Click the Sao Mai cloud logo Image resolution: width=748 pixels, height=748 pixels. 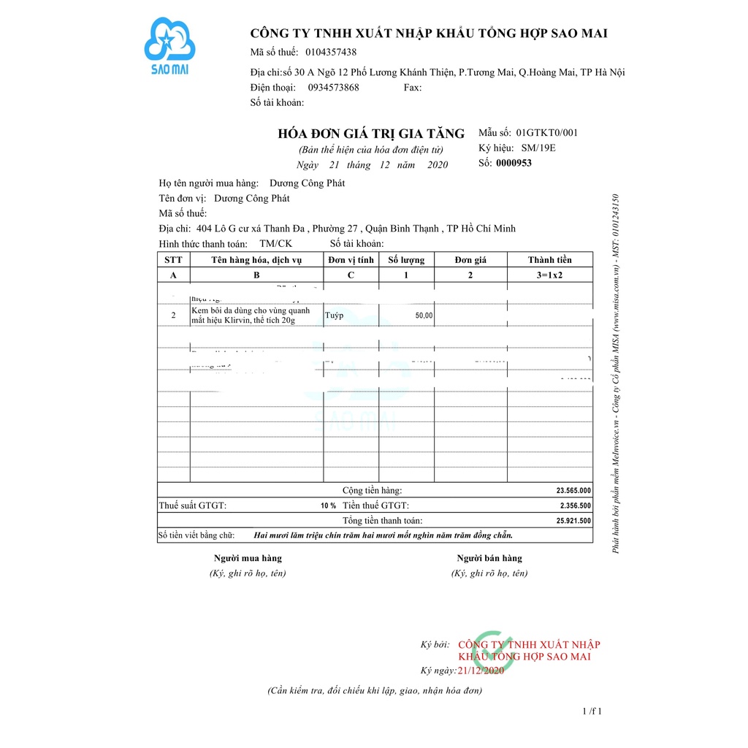pyautogui.click(x=169, y=44)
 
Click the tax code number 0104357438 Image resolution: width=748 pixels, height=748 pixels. pyautogui.click(x=331, y=52)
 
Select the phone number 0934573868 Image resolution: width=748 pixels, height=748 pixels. pyautogui.click(x=334, y=87)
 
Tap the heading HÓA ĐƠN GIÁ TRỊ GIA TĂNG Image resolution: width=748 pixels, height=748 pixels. pyautogui.click(x=371, y=134)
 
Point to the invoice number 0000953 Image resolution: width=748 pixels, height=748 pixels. pyautogui.click(x=514, y=163)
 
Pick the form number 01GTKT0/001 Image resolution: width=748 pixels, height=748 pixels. pyautogui.click(x=546, y=133)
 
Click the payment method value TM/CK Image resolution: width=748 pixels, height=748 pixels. pyautogui.click(x=275, y=243)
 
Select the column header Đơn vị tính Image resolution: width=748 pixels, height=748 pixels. pyautogui.click(x=351, y=260)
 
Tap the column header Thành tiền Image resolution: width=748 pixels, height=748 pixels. pyautogui.click(x=550, y=260)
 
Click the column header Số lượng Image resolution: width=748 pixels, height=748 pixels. pyautogui.click(x=406, y=260)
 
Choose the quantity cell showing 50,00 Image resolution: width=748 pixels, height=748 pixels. pyautogui.click(x=424, y=316)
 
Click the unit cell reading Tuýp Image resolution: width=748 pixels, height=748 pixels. pyautogui.click(x=335, y=316)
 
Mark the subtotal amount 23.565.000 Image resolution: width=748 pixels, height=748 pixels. pyautogui.click(x=573, y=491)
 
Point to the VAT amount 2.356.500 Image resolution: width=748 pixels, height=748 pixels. pyautogui.click(x=576, y=505)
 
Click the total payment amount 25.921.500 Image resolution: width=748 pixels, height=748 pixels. pyautogui.click(x=573, y=521)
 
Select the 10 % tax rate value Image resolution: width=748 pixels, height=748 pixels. pyautogui.click(x=328, y=505)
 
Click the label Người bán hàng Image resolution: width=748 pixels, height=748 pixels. pyautogui.click(x=489, y=558)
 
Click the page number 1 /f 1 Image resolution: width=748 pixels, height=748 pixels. pyautogui.click(x=592, y=711)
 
